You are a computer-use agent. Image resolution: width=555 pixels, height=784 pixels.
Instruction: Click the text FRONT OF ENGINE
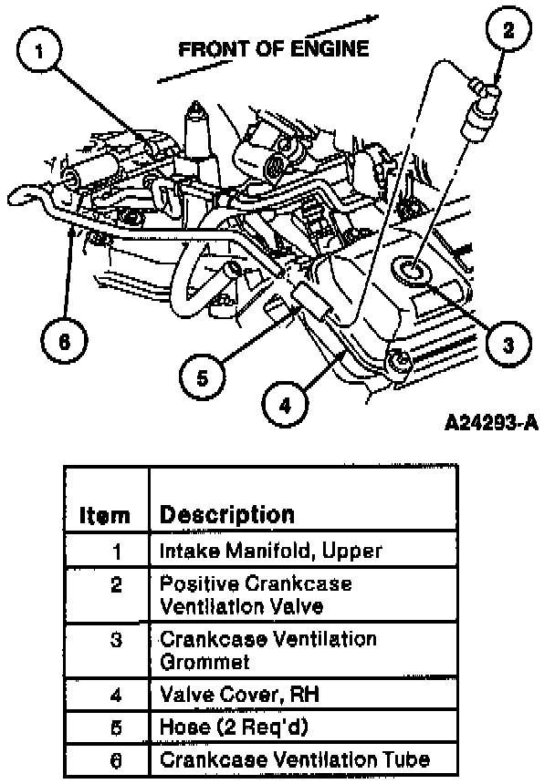tap(274, 49)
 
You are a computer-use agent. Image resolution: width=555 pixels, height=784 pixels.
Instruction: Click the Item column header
tap(105, 515)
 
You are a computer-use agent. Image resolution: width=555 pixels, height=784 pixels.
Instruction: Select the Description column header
tap(226, 514)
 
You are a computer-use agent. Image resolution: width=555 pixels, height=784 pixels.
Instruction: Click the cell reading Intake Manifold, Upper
tap(270, 551)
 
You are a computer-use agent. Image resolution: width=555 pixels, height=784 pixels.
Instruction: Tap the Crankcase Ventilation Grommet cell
tap(267, 648)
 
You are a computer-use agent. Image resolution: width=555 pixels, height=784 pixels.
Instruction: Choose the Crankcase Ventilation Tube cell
tap(294, 758)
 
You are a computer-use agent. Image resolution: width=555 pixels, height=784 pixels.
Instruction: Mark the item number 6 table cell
tap(116, 758)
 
